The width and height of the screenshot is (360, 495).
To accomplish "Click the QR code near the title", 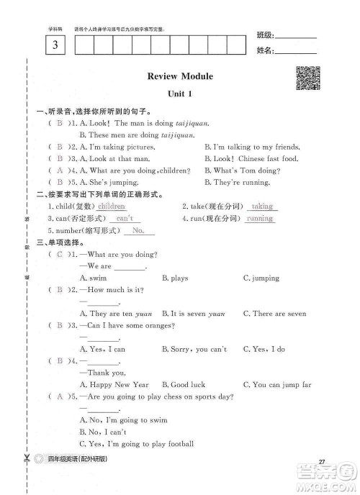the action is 307,78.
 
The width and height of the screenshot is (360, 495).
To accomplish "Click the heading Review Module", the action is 179,76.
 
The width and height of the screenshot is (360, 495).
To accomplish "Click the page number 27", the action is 323,462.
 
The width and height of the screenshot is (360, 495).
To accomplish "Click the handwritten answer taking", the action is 261,206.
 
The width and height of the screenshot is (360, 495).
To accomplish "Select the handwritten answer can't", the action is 125,218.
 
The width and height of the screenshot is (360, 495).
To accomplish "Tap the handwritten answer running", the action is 259,218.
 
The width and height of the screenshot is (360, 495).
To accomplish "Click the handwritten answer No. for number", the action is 139,230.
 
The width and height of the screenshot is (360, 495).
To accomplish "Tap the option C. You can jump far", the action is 277,385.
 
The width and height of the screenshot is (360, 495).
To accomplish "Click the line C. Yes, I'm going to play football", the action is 136,444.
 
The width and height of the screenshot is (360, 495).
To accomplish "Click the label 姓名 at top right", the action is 264,50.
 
